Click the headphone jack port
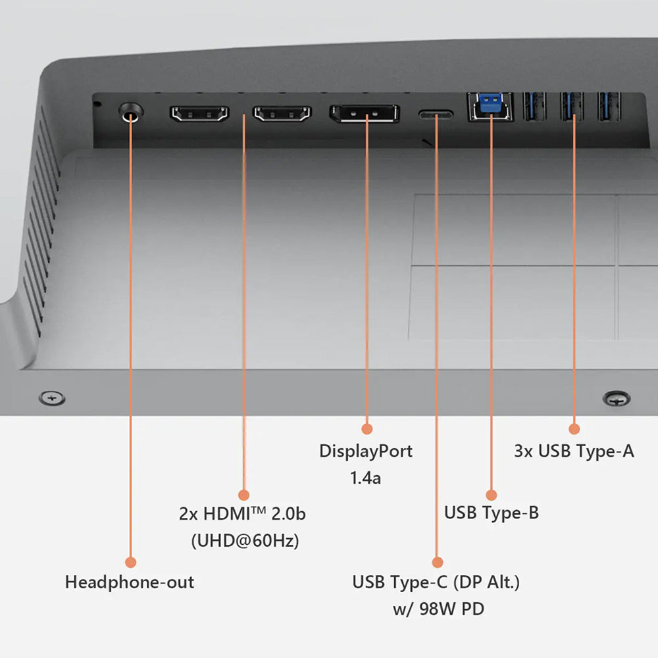coord(131,113)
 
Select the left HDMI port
coord(199,114)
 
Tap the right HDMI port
coord(282,114)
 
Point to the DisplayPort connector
coord(365,113)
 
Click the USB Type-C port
coord(436,114)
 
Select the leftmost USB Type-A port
coord(534,107)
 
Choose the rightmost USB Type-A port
coord(609,107)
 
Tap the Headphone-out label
coord(130,582)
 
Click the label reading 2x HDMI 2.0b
coord(243,514)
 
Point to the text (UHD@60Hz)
coord(245,540)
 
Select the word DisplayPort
coord(366,451)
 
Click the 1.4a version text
coord(365,478)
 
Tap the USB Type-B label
coord(492,513)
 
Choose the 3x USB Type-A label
coord(574,451)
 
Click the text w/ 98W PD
coord(438,609)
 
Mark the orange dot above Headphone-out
coord(131,563)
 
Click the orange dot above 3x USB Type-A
coord(574,429)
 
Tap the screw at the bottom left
coord(52,398)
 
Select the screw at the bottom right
coord(617,398)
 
